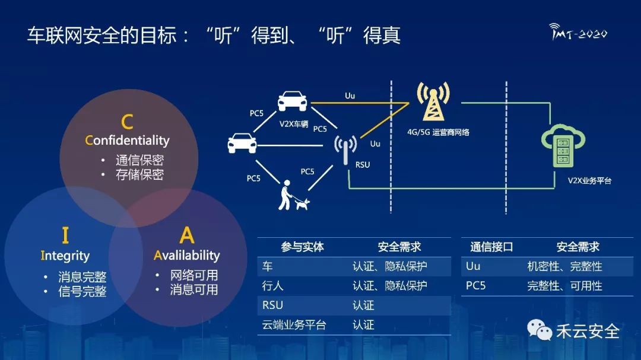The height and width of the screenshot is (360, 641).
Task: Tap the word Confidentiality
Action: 127,141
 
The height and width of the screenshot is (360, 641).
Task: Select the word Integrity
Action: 65,256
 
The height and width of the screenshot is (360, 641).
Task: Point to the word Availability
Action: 186,256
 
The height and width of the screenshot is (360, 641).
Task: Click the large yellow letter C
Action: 127,122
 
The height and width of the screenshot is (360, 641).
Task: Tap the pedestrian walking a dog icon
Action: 293,196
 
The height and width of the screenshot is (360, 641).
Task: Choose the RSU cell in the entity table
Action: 272,305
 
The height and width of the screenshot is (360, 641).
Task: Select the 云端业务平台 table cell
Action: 294,325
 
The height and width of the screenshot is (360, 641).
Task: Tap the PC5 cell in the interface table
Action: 476,286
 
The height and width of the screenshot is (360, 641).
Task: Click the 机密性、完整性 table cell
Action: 564,266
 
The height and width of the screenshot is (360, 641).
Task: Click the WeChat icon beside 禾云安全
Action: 540,330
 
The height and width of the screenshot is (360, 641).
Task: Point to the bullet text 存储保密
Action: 139,175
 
